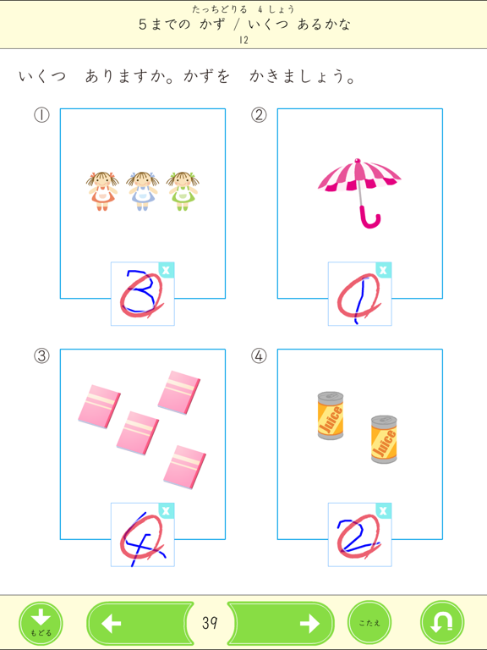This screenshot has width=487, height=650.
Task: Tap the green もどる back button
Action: [41, 624]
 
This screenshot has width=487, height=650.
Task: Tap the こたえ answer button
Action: [369, 624]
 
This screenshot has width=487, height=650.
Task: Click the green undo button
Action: [442, 624]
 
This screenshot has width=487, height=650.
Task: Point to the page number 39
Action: [211, 624]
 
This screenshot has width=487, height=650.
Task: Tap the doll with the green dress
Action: [182, 190]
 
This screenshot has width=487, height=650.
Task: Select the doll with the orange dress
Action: [101, 190]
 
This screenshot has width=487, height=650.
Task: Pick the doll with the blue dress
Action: [141, 190]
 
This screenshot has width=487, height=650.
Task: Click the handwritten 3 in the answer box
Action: [141, 293]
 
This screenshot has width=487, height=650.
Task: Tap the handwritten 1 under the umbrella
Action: [359, 295]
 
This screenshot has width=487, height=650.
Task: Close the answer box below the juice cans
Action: [384, 511]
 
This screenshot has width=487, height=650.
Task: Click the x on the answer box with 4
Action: [167, 511]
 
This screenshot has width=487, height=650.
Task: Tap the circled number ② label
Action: [259, 115]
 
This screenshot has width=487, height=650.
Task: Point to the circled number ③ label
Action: [41, 356]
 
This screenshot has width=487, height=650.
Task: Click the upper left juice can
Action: [330, 415]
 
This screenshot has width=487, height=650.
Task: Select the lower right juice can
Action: [384, 438]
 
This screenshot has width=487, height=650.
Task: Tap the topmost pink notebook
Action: [178, 391]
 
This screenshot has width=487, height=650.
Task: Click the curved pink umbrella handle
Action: [369, 218]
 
